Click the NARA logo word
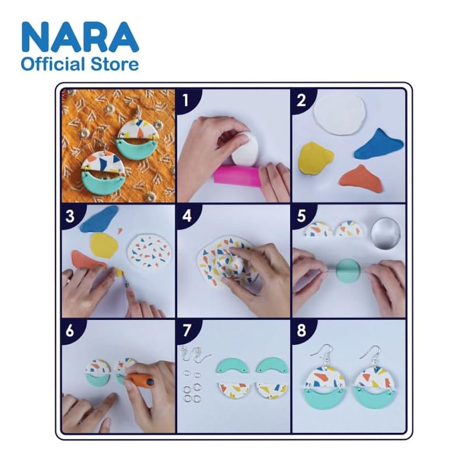(80, 37)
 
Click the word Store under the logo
(114, 65)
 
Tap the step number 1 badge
(186, 100)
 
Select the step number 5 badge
(301, 216)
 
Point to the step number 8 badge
(301, 330)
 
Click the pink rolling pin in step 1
(237, 176)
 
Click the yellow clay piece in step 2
(315, 157)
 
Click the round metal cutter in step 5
(386, 234)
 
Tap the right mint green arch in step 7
(272, 365)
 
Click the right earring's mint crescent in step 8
(375, 399)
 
